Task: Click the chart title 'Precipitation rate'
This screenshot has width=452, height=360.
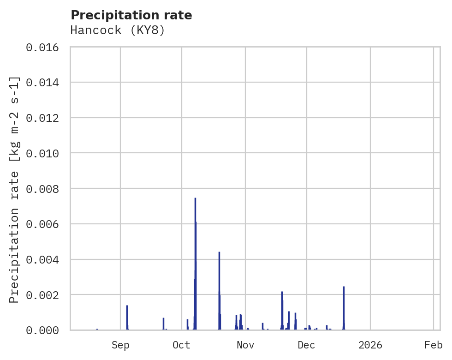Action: pyautogui.click(x=131, y=15)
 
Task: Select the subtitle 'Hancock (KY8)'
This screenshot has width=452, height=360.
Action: pyautogui.click(x=118, y=30)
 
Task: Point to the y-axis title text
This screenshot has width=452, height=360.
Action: pyautogui.click(x=15, y=190)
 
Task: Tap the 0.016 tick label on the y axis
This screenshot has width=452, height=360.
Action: pyautogui.click(x=45, y=47)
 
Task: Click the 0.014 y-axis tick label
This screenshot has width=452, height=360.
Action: pyautogui.click(x=45, y=83)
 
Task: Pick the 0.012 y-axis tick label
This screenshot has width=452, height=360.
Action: pyautogui.click(x=45, y=118)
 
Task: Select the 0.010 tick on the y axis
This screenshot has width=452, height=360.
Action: pyautogui.click(x=45, y=153)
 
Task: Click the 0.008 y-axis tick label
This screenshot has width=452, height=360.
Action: pyautogui.click(x=45, y=189)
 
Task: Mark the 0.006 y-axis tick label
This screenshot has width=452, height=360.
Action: pyautogui.click(x=45, y=224)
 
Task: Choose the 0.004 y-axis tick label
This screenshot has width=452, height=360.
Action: pyautogui.click(x=45, y=259)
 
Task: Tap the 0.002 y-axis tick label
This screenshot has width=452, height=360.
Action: pyautogui.click(x=45, y=295)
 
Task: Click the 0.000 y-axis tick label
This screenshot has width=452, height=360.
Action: pyautogui.click(x=45, y=330)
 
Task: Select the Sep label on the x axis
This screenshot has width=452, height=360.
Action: pyautogui.click(x=120, y=345)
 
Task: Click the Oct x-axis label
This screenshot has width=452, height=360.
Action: pyautogui.click(x=182, y=345)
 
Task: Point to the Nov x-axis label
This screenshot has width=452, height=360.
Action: pyautogui.click(x=245, y=345)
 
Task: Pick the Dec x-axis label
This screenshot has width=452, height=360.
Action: pyautogui.click(x=307, y=345)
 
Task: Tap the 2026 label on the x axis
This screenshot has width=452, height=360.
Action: pyautogui.click(x=370, y=345)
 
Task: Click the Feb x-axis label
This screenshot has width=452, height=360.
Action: pyautogui.click(x=434, y=345)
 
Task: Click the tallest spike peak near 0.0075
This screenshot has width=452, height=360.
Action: pyautogui.click(x=195, y=198)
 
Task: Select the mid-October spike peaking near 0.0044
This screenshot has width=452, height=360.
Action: pyautogui.click(x=219, y=252)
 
